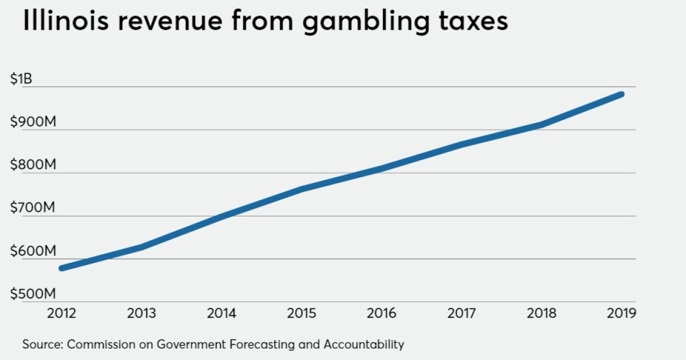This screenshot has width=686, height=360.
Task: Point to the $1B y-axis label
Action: pyautogui.click(x=22, y=79)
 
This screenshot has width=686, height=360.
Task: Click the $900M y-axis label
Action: pyautogui.click(x=33, y=122)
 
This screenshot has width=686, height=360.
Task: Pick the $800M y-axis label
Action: pyautogui.click(x=33, y=165)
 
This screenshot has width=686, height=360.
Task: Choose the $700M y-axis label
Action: pyautogui.click(x=33, y=208)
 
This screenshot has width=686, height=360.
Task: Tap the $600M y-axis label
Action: pyautogui.click(x=33, y=251)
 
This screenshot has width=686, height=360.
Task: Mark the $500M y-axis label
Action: pyautogui.click(x=33, y=294)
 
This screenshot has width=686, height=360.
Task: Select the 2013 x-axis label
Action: pyautogui.click(x=140, y=313)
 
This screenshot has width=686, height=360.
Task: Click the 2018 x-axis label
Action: pyautogui.click(x=541, y=313)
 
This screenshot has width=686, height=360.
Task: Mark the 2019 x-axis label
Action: pyautogui.click(x=621, y=313)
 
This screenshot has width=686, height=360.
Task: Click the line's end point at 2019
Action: pyautogui.click(x=621, y=94)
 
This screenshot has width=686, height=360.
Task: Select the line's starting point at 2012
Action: pyautogui.click(x=61, y=268)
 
